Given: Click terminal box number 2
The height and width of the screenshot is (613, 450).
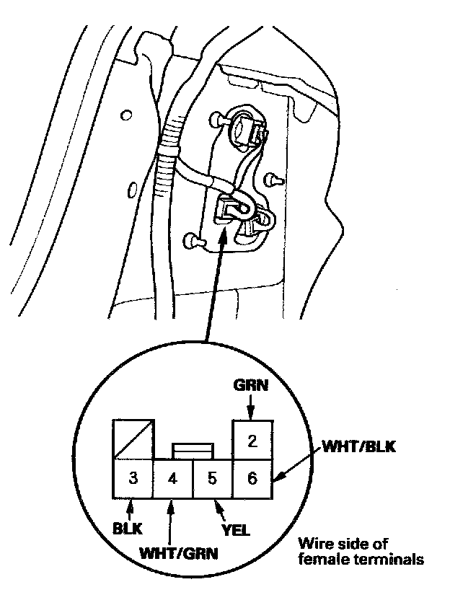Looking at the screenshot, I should (x=252, y=440).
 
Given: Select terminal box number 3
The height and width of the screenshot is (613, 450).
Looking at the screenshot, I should (x=133, y=478).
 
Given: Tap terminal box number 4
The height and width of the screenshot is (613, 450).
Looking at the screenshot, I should (x=173, y=478).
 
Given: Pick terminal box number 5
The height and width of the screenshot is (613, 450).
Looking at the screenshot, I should (x=213, y=478).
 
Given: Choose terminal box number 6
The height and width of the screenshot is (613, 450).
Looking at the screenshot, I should (x=252, y=478).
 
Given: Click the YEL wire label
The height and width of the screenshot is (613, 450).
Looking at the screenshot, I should (x=236, y=530).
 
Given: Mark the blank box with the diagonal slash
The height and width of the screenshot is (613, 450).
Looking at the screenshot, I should (x=133, y=440).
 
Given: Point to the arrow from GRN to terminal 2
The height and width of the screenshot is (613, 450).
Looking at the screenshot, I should (x=250, y=408).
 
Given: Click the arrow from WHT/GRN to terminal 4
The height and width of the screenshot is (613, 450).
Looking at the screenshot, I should (x=169, y=519).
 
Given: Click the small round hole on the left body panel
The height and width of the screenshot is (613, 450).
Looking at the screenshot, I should (x=127, y=115).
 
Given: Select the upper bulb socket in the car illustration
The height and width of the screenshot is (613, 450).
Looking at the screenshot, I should (x=243, y=130).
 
